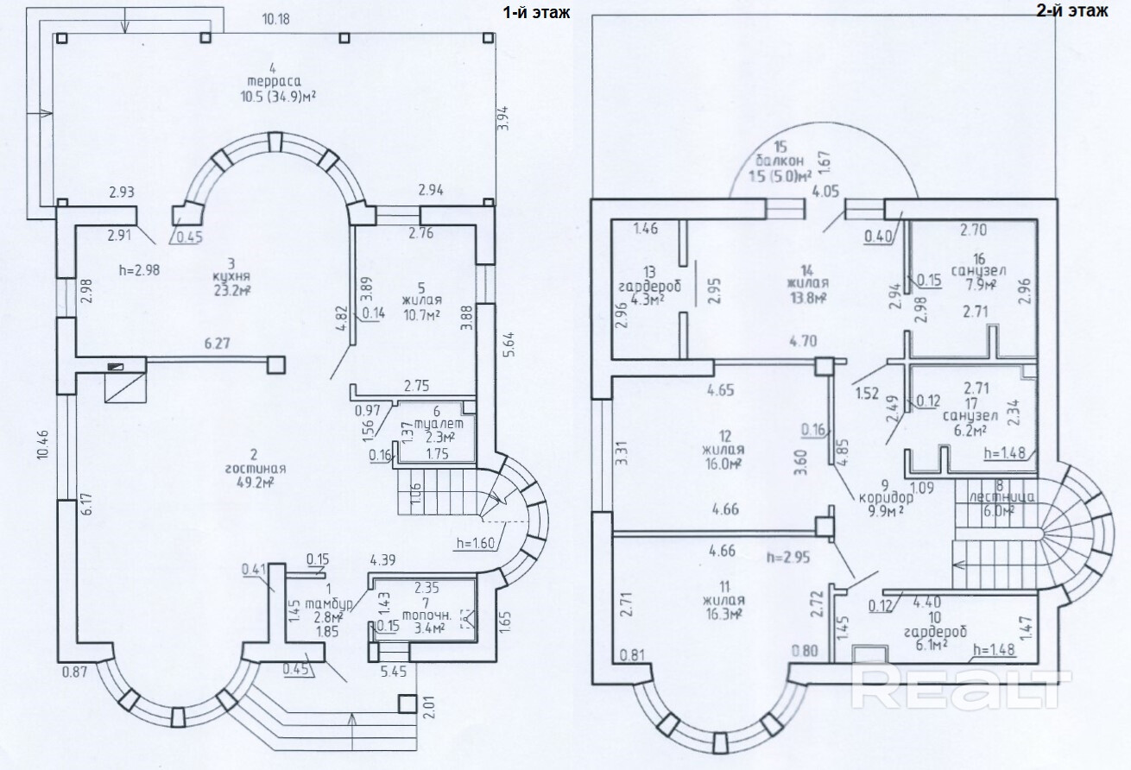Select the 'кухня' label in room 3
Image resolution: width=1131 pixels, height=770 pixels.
[x=231, y=276]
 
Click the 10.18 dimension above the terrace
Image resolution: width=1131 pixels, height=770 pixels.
[x=275, y=18]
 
